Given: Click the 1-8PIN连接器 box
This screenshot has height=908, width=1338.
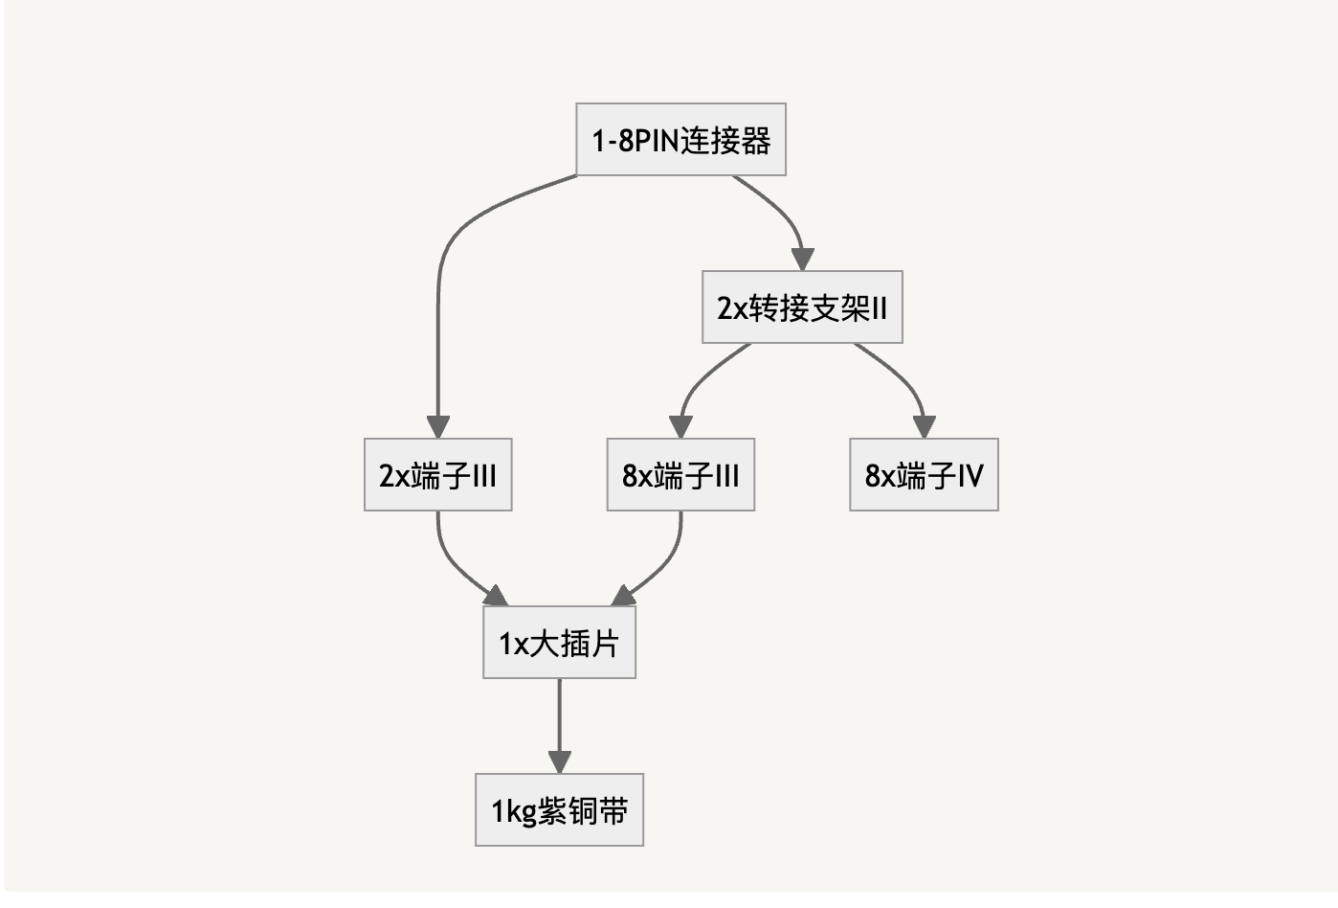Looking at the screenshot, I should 680,140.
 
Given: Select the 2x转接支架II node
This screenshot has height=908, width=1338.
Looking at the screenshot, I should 802,307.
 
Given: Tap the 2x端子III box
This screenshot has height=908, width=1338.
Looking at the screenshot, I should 437,475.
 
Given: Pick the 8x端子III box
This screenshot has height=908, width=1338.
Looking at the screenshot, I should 680,475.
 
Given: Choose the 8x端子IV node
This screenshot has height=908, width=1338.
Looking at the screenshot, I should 924,475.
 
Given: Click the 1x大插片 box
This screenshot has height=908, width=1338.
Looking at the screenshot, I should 559,643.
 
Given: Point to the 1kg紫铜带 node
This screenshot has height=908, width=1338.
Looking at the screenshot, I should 559,810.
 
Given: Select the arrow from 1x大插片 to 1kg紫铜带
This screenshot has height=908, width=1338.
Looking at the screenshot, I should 559,718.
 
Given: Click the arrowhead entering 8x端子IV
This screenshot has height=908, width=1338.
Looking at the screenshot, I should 924,427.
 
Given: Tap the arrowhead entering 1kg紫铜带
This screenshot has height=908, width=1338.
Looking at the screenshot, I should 559,762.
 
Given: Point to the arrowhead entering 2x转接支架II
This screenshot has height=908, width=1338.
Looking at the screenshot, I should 802,260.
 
